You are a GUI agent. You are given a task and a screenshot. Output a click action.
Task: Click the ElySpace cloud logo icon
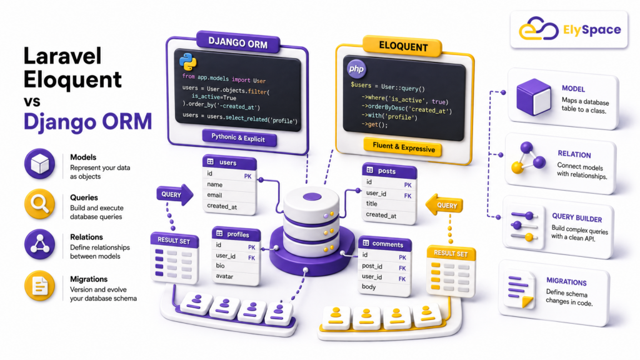click(538, 29)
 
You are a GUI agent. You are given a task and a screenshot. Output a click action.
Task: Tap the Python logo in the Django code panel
click(187, 62)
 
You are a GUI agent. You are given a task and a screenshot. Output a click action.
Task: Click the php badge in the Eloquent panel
click(356, 69)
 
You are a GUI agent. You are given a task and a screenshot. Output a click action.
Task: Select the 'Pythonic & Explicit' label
click(238, 137)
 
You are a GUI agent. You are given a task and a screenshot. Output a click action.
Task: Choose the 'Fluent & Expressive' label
click(404, 147)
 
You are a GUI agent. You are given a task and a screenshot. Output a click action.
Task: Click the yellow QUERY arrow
click(444, 205)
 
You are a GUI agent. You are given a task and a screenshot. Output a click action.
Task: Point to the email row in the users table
click(229, 195)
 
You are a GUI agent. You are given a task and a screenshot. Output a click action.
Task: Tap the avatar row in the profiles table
click(236, 276)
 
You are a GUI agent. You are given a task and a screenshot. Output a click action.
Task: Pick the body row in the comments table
click(384, 287)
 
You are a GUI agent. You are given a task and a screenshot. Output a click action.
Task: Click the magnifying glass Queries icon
click(39, 204)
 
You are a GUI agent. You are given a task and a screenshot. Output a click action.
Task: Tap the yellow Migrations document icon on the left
click(39, 285)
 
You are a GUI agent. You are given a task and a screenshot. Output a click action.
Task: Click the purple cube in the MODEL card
click(534, 97)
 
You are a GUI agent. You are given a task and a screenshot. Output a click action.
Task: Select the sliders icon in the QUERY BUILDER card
click(524, 226)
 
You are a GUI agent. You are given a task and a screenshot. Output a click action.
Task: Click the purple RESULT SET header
click(174, 241)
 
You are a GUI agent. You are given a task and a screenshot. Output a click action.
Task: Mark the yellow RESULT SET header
click(451, 253)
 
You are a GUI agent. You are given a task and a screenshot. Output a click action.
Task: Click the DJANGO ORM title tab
click(238, 42)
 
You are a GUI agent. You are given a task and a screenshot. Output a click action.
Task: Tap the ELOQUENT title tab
click(403, 46)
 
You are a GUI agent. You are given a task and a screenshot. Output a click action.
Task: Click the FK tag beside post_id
click(402, 268)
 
